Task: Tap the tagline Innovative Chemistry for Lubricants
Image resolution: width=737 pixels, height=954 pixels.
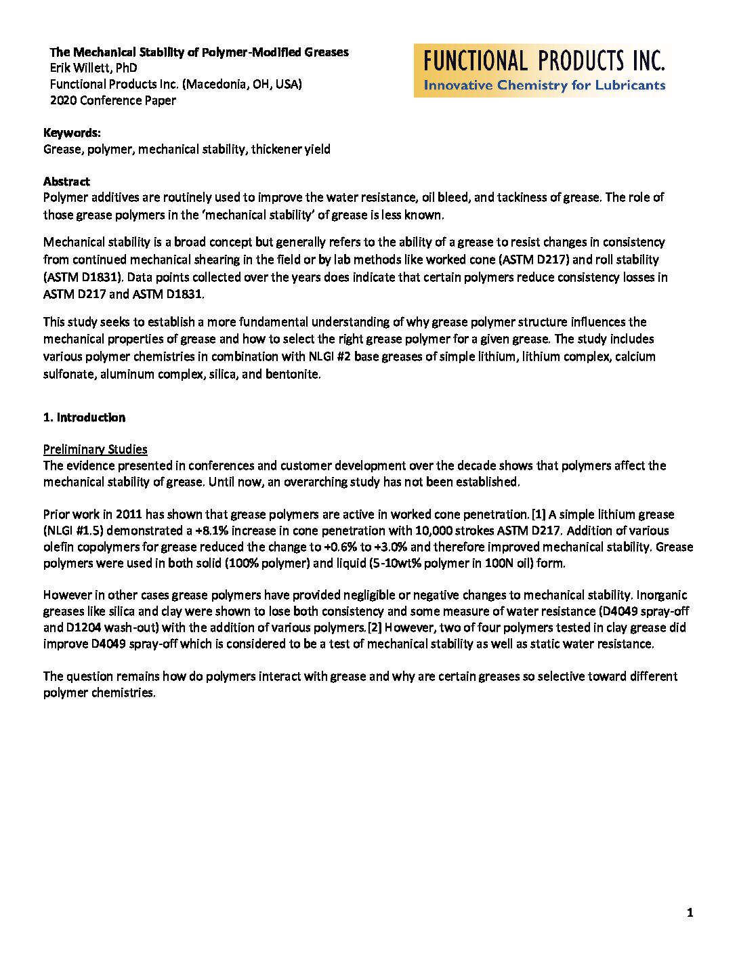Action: (x=544, y=85)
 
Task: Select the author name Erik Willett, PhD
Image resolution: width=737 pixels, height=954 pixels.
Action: (x=93, y=68)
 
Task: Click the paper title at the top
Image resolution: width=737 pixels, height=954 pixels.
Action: (x=199, y=52)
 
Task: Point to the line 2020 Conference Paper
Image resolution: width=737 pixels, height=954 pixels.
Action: (x=113, y=100)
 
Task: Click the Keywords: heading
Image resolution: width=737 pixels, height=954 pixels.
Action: (x=72, y=133)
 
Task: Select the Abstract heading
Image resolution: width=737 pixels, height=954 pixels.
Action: (x=66, y=182)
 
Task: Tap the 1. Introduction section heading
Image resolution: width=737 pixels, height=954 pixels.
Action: (x=84, y=417)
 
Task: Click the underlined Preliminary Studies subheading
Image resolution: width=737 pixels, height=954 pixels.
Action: (x=96, y=449)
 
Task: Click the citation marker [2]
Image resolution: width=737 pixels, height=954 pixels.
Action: (x=375, y=627)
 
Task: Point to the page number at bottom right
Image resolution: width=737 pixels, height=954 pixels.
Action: (x=690, y=913)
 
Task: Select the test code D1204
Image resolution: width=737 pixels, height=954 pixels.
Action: (x=85, y=627)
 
